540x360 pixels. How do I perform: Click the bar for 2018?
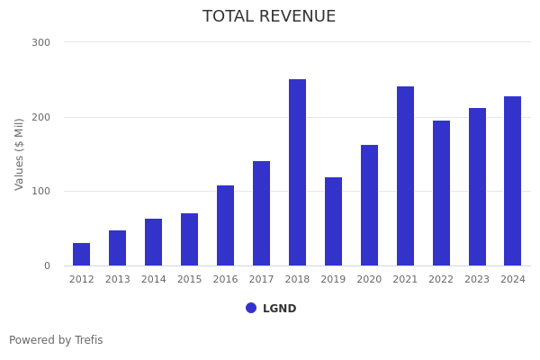pyautogui.click(x=297, y=173)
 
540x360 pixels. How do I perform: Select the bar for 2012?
pyautogui.click(x=82, y=255)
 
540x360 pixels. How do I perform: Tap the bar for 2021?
pyautogui.click(x=405, y=176)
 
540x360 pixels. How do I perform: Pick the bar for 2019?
pyautogui.click(x=333, y=221)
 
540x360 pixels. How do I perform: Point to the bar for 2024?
pyautogui.click(x=512, y=181)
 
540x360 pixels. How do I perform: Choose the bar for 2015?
pyautogui.click(x=189, y=239)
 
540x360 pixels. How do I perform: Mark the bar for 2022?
pyautogui.click(x=441, y=193)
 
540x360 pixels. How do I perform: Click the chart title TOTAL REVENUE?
pyautogui.click(x=269, y=17)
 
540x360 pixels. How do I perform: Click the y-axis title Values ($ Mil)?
pyautogui.click(x=20, y=154)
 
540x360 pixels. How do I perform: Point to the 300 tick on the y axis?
pyautogui.click(x=41, y=42)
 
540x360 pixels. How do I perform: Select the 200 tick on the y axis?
pyautogui.click(x=41, y=117)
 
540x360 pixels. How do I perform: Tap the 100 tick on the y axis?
pyautogui.click(x=41, y=192)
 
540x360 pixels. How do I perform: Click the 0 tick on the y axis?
pyautogui.click(x=47, y=266)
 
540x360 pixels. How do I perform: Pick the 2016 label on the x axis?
pyautogui.click(x=225, y=280)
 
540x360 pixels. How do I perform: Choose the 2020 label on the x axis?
pyautogui.click(x=369, y=280)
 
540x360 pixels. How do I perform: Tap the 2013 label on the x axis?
pyautogui.click(x=118, y=280)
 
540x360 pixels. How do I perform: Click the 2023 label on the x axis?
pyautogui.click(x=477, y=280)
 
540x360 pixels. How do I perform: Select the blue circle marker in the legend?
pyautogui.click(x=251, y=308)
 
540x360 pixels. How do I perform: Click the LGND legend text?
pyautogui.click(x=279, y=309)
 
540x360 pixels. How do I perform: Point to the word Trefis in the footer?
pyautogui.click(x=88, y=341)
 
